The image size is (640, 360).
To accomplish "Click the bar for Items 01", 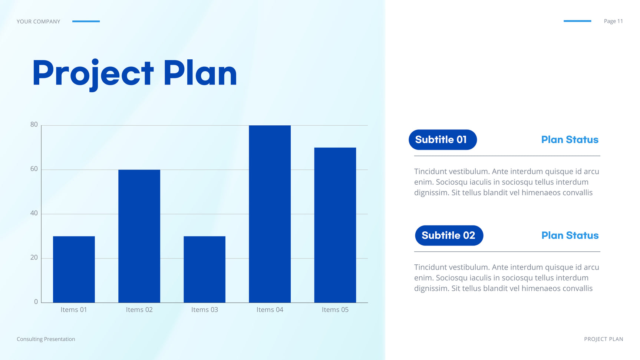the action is pyautogui.click(x=74, y=269).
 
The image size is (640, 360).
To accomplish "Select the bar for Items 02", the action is pyautogui.click(x=139, y=236).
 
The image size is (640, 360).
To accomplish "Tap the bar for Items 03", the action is pyautogui.click(x=204, y=269).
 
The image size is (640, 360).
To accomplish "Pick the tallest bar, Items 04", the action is pyautogui.click(x=270, y=214).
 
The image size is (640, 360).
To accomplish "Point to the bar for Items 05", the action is pyautogui.click(x=335, y=225).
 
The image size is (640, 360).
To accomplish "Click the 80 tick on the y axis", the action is pyautogui.click(x=34, y=125).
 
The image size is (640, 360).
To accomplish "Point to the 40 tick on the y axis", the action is pyautogui.click(x=34, y=213).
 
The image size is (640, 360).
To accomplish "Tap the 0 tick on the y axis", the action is pyautogui.click(x=36, y=302).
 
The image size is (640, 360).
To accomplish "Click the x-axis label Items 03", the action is pyautogui.click(x=205, y=310).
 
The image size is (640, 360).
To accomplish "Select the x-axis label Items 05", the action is pyautogui.click(x=335, y=310).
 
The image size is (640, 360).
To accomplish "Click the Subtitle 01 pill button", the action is pyautogui.click(x=443, y=140).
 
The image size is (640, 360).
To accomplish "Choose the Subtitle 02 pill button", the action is pyautogui.click(x=449, y=235).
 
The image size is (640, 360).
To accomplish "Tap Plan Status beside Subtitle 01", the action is pyautogui.click(x=570, y=140).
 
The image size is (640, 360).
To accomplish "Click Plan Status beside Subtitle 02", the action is pyautogui.click(x=570, y=235).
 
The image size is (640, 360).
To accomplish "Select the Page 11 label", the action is pyautogui.click(x=613, y=21).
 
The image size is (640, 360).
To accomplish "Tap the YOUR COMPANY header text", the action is pyautogui.click(x=39, y=22).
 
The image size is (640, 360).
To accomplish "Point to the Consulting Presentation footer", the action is pyautogui.click(x=46, y=339).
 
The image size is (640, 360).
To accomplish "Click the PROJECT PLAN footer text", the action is pyautogui.click(x=604, y=339).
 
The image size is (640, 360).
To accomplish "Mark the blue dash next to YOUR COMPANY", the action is pyautogui.click(x=86, y=21).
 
